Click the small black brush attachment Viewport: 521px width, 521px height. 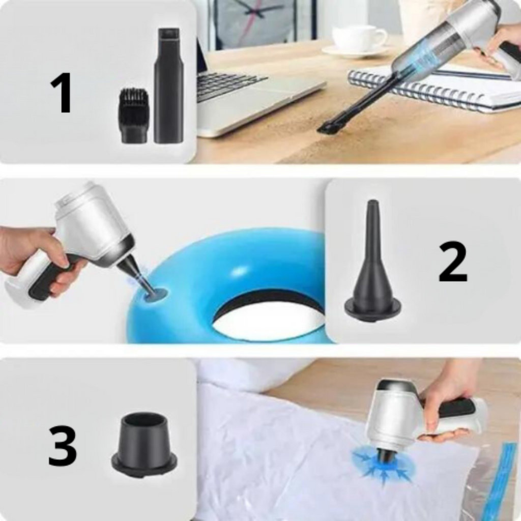(133, 115)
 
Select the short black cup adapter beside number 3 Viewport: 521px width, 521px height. (144, 443)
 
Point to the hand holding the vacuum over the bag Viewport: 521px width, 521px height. (448, 402)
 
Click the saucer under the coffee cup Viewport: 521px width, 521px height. (356, 51)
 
